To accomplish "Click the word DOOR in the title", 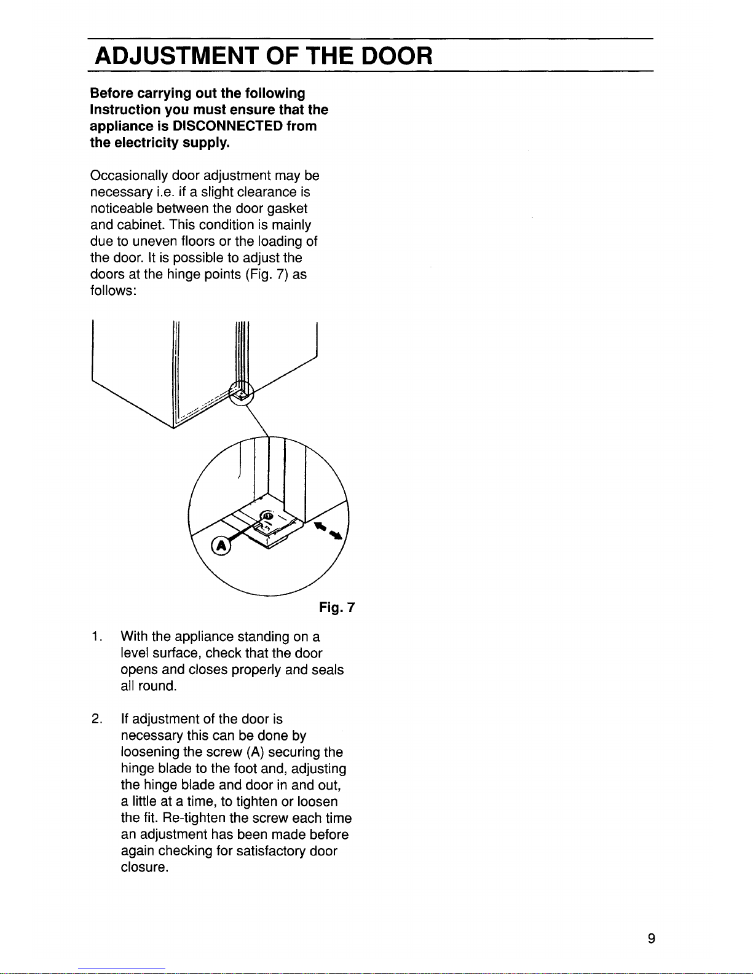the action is pyautogui.click(x=396, y=56).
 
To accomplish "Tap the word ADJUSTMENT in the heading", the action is pyautogui.click(x=176, y=56).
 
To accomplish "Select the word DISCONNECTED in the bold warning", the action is pyautogui.click(x=227, y=126).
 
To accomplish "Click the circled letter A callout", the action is pyautogui.click(x=221, y=546).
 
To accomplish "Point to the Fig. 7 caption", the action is pyautogui.click(x=337, y=607).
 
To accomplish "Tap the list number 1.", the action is pyautogui.click(x=97, y=637).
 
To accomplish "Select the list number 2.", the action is pyautogui.click(x=97, y=719).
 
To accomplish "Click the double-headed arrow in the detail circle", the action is pyautogui.click(x=328, y=531).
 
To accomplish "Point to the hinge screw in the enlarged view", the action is pyautogui.click(x=267, y=516).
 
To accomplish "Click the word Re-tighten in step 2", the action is pyautogui.click(x=194, y=818).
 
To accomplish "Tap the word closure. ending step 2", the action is pyautogui.click(x=144, y=867).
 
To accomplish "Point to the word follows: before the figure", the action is pyautogui.click(x=113, y=291).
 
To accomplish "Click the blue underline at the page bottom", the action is pyautogui.click(x=122, y=968).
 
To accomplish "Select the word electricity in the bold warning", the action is pyautogui.click(x=146, y=143).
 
